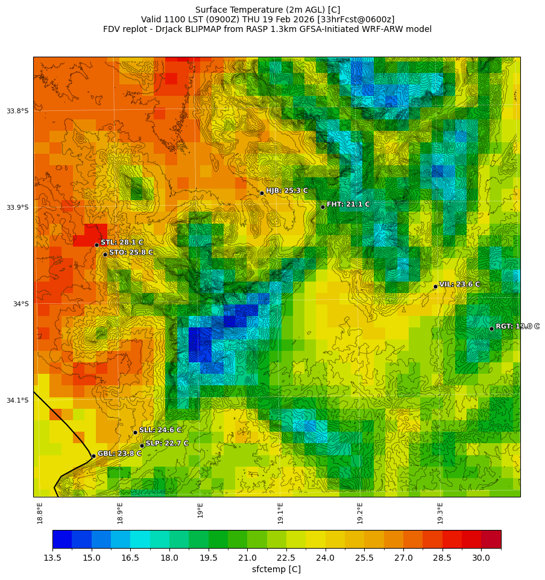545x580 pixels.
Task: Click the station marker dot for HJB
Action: pos(262,193)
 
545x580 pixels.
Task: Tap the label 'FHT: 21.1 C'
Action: pos(348,204)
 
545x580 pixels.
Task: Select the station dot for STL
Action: pos(96,245)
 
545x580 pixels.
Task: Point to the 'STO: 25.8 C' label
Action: pos(131,253)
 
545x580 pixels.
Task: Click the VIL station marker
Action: pos(435,286)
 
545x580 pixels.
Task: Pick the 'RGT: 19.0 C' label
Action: pos(517,326)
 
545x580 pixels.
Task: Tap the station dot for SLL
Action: pos(135,432)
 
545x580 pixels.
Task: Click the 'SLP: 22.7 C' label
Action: pos(167,443)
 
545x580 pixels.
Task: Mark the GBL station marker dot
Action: pos(93,456)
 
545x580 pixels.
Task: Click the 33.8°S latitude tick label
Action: pos(17,111)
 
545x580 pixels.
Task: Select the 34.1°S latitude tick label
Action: pos(17,400)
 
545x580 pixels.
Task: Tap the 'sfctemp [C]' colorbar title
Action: pos(276,569)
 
